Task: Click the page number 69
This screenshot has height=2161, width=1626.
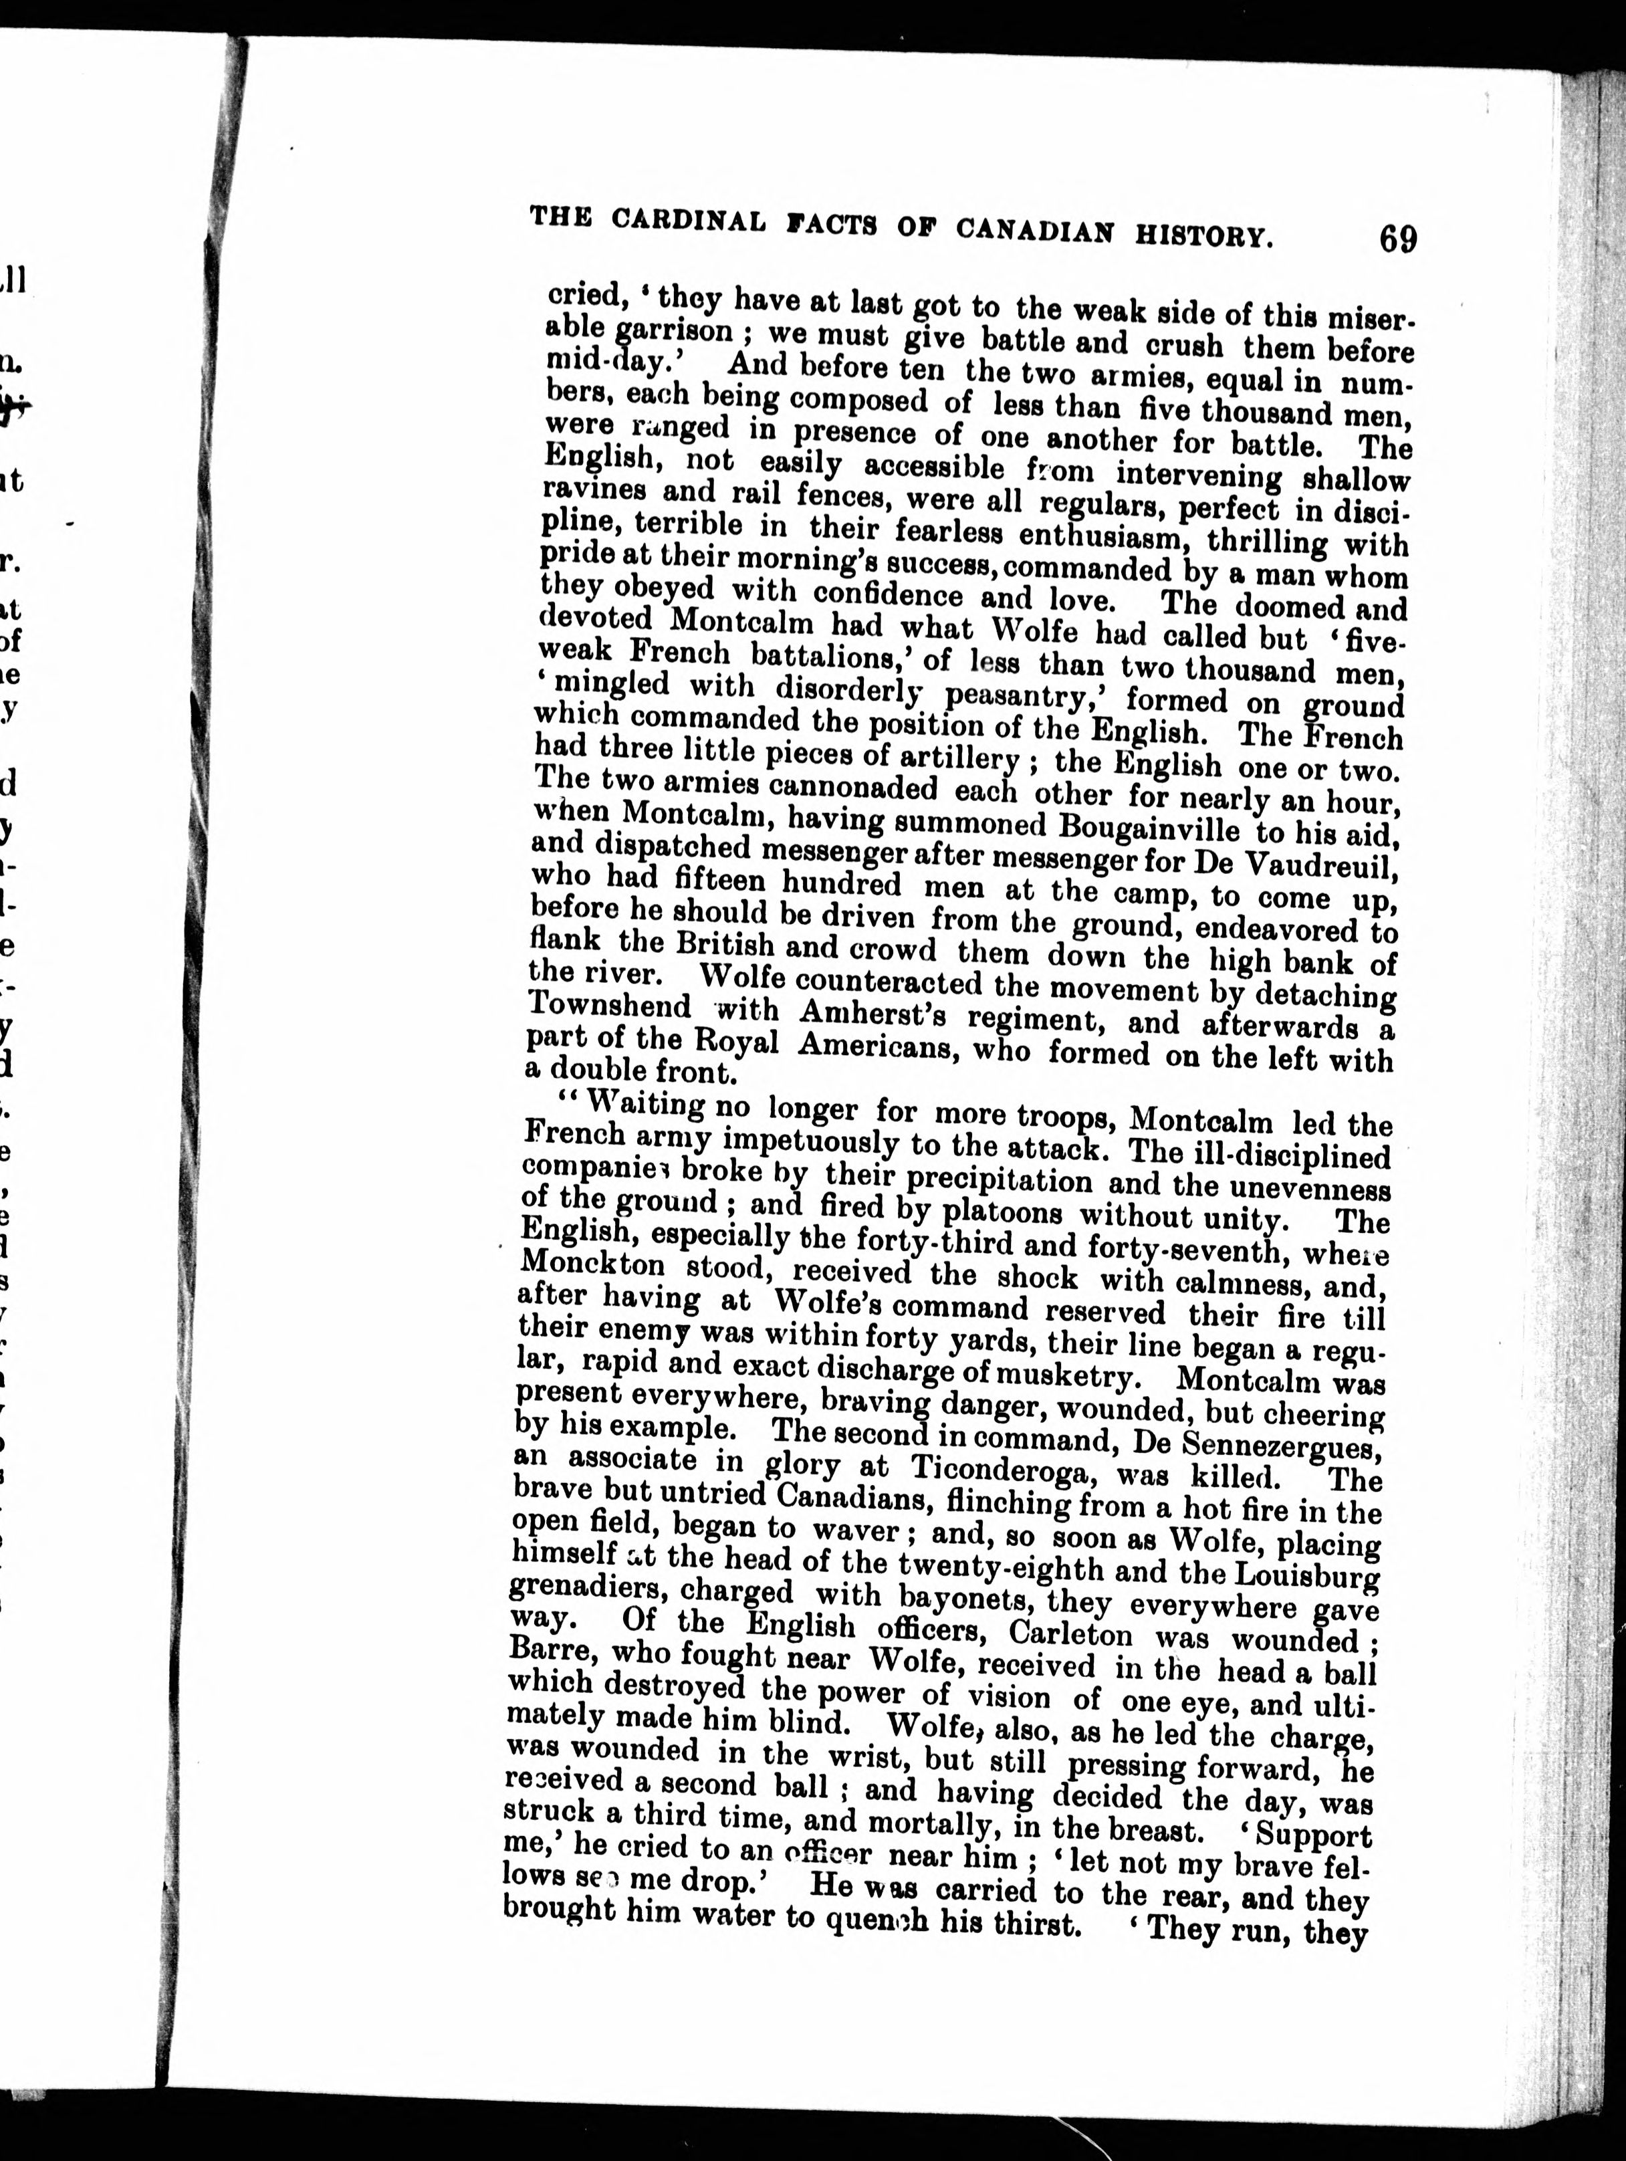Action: tap(1398, 239)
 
